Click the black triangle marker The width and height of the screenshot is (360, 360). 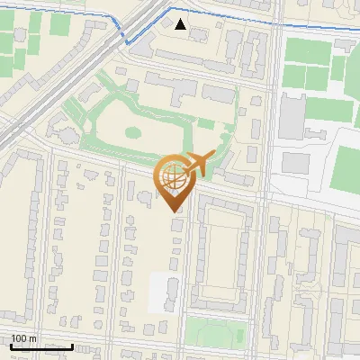tap(181, 24)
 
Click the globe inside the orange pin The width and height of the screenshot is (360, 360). tap(171, 180)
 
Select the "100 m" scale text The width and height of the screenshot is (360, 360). tap(24, 338)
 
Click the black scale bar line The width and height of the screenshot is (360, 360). tap(41, 346)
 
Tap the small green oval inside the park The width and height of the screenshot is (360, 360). tap(132, 132)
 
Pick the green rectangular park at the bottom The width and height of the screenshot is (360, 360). tap(216, 329)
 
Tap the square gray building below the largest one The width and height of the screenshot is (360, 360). tap(295, 162)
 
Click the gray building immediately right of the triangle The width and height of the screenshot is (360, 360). tap(198, 35)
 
